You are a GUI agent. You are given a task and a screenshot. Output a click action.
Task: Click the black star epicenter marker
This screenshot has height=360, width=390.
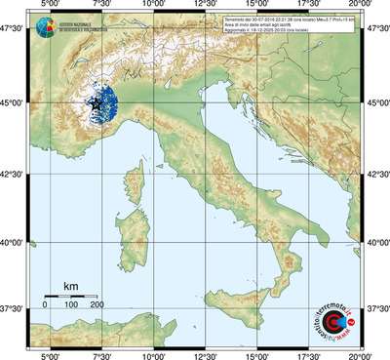coord(96,102)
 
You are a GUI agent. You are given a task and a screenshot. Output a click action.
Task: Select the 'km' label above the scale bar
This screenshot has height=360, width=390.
coord(70,285)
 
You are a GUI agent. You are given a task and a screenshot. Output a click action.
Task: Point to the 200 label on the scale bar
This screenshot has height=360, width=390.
coord(97,305)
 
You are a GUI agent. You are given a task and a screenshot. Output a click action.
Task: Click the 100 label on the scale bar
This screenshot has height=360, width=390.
coord(71,305)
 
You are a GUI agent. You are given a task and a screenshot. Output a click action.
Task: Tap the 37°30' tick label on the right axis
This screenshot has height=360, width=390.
coord(378,308)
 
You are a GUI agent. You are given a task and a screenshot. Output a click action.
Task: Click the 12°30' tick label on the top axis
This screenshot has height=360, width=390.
coord(204,7)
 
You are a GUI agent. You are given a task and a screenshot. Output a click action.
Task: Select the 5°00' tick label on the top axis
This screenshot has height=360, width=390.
coord(49,7)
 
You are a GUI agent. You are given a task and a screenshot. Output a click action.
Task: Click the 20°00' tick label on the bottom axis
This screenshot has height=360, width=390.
coord(360,354)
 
